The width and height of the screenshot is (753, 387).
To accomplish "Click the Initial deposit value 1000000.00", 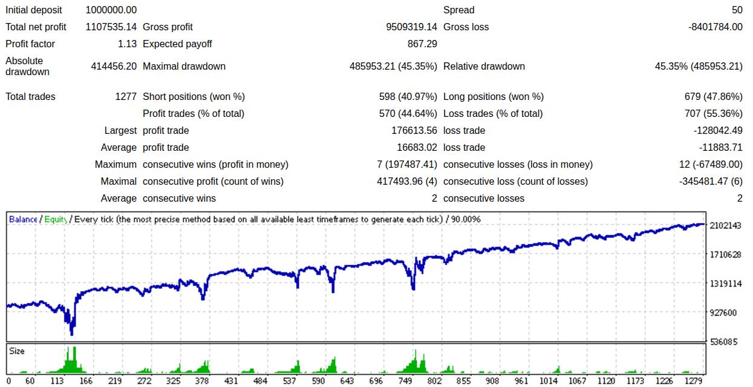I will [111, 10].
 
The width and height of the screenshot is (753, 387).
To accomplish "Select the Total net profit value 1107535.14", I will [111, 27].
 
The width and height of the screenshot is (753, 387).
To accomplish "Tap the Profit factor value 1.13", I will [127, 44].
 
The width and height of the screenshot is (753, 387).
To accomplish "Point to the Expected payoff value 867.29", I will [422, 44].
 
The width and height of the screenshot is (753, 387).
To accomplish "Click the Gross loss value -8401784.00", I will [716, 27].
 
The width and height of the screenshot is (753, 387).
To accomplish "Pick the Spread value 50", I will [737, 10].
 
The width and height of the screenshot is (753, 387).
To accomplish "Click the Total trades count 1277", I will [126, 96].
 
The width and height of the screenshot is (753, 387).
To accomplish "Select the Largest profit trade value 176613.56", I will [414, 130].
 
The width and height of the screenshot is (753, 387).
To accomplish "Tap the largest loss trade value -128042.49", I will [717, 130].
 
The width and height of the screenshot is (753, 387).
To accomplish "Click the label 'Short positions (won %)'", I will [194, 96].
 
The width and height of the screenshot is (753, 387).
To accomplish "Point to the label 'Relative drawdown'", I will [484, 66].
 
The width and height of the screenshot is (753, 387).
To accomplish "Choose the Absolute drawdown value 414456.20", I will [114, 66].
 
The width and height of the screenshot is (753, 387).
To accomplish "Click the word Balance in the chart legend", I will [23, 219].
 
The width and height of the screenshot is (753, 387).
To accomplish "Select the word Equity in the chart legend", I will [55, 219].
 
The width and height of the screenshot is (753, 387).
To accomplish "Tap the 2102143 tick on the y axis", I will [725, 225].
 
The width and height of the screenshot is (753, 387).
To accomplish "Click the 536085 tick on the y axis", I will [725, 342].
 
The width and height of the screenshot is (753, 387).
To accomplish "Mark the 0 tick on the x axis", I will [8, 381].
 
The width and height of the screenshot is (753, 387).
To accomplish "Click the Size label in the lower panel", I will [17, 351].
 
